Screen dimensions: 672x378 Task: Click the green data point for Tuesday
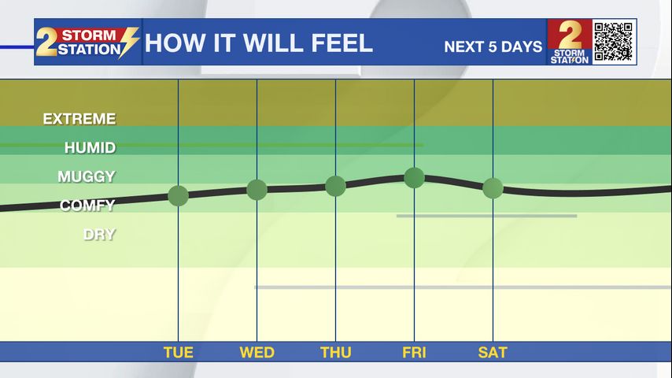(179, 196)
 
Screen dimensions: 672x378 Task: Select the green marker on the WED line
(257, 190)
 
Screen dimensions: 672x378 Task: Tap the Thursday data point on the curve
(335, 186)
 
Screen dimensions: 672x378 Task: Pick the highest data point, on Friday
(414, 178)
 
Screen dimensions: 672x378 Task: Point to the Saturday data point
(493, 188)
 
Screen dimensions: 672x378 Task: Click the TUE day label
(179, 352)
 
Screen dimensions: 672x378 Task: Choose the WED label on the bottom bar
(257, 352)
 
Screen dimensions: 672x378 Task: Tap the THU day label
(335, 352)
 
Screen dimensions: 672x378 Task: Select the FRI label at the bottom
(414, 352)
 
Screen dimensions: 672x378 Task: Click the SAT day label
(493, 352)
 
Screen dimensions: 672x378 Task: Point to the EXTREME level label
(79, 119)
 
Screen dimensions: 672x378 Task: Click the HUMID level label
(90, 147)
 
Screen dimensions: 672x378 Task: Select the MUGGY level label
(87, 176)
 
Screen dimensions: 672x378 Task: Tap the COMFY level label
(87, 206)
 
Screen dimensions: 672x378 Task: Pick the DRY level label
(99, 234)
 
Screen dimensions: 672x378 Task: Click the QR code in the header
(614, 42)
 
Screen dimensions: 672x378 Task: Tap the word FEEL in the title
(342, 43)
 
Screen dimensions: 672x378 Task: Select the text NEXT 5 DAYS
(493, 46)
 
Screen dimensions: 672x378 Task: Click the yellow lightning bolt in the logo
(128, 42)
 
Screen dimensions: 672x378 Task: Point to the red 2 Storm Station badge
(569, 42)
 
